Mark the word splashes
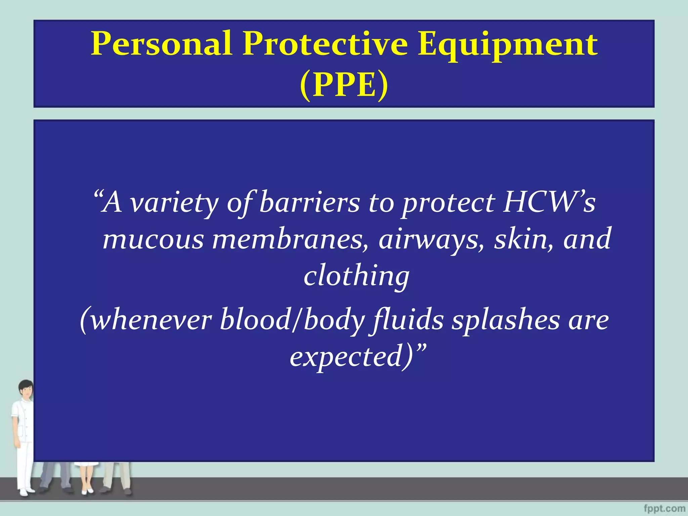click(506, 321)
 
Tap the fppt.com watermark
click(665, 508)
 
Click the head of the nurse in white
click(26, 389)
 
